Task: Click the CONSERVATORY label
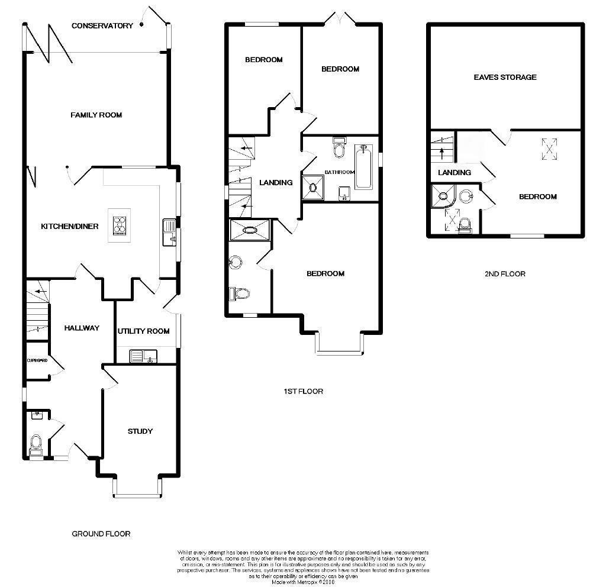tap(102, 25)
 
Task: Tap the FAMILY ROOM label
tap(96, 115)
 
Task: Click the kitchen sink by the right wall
tap(169, 231)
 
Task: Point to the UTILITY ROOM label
tap(143, 331)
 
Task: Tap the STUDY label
tap(140, 431)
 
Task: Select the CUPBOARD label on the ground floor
tap(36, 360)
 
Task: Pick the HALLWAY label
tap(82, 328)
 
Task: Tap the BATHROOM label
tap(339, 172)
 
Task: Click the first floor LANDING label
tap(276, 182)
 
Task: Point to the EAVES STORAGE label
tap(505, 77)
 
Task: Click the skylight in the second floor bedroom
tap(550, 149)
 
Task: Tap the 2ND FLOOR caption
tap(505, 274)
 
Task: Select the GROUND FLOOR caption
tap(101, 534)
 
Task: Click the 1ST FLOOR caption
tap(302, 391)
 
